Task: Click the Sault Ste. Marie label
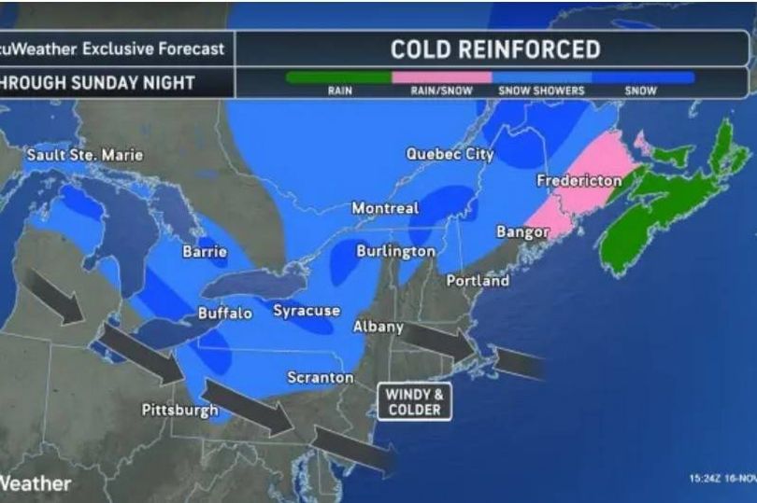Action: tap(84, 155)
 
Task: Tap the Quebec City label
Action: tap(450, 154)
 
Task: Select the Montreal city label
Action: tap(385, 208)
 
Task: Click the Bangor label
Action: tap(521, 231)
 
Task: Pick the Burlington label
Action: tap(395, 251)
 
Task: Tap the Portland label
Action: tap(478, 280)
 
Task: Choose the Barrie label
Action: tap(205, 251)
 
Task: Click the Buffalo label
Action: tap(224, 314)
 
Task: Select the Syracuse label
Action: tap(306, 311)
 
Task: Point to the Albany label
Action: tap(378, 327)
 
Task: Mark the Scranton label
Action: tap(320, 377)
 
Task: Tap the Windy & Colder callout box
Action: tap(414, 402)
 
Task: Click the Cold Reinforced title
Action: tap(494, 49)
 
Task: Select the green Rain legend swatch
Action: tap(338, 78)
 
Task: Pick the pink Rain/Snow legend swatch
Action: tap(441, 78)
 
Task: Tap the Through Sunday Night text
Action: tap(97, 82)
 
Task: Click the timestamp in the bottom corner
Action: tap(721, 479)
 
